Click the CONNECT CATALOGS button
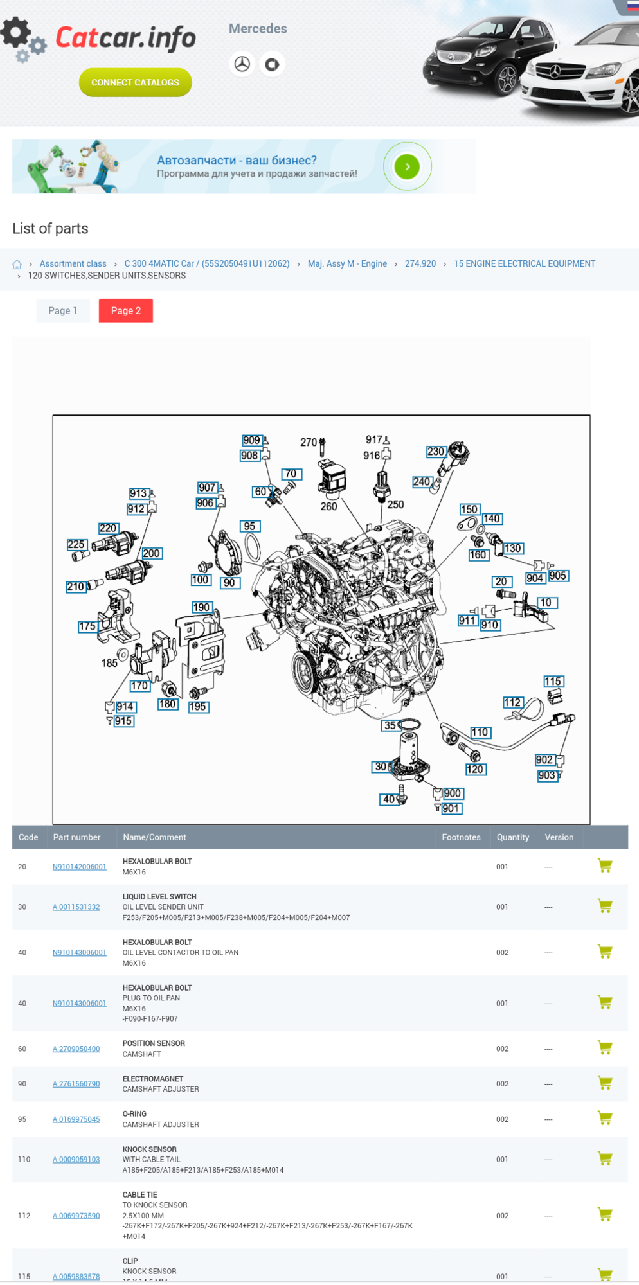(135, 82)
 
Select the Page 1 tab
(62, 310)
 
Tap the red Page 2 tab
(125, 310)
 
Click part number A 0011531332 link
(76, 907)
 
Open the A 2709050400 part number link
(76, 1049)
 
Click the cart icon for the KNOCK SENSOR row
(604, 1158)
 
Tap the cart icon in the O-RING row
(604, 1118)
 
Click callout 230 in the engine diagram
(436, 452)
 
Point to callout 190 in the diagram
(201, 607)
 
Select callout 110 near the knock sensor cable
(480, 732)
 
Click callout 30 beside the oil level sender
(381, 766)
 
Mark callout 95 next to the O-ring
(249, 526)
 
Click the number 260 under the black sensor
(328, 506)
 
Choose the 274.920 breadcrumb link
(420, 263)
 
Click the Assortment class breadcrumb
(73, 263)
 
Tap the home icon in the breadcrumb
(17, 264)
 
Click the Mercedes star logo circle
(242, 64)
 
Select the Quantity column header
(512, 837)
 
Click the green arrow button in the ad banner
(407, 166)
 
